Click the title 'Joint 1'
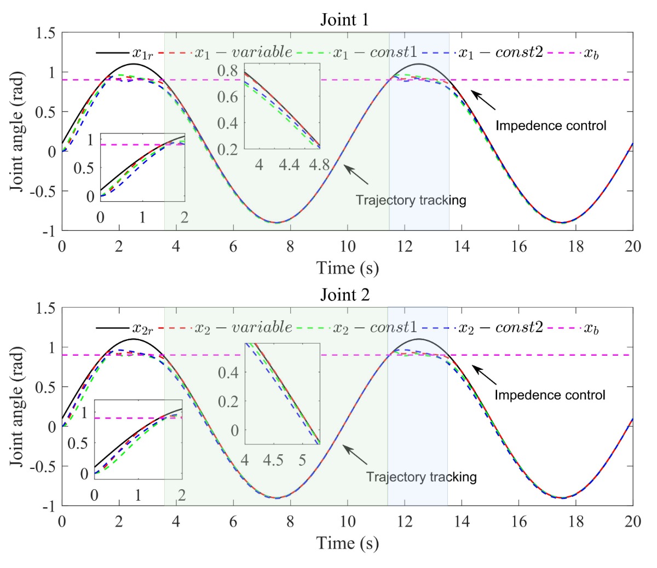[x=344, y=20]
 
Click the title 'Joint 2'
[x=344, y=295]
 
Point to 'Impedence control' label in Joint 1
[x=551, y=126]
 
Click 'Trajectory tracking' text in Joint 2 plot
[x=422, y=477]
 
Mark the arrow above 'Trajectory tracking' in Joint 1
[x=356, y=175]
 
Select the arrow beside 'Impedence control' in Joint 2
[x=484, y=376]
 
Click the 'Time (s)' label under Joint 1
[x=347, y=268]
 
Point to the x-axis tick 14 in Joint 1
[x=462, y=247]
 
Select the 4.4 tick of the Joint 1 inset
[x=290, y=165]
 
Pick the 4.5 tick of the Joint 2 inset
[x=273, y=460]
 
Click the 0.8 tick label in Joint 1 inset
[x=227, y=71]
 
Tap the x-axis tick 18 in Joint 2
[x=576, y=521]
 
